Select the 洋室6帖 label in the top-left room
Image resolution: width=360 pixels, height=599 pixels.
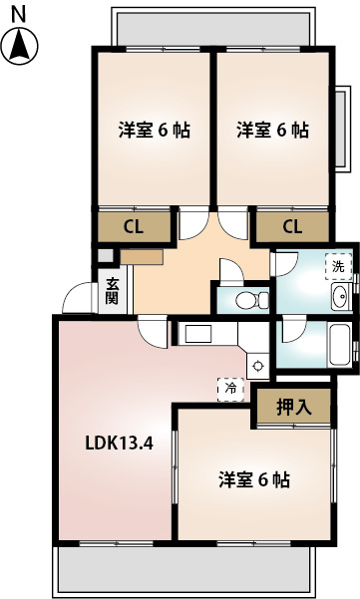154,130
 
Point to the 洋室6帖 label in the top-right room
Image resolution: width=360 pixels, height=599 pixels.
271,130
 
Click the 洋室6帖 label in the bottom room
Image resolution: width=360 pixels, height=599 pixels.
254,480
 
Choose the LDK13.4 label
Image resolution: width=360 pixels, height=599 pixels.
117,445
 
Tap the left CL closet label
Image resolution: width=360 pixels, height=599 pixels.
134,225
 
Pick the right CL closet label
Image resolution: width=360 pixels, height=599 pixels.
292,225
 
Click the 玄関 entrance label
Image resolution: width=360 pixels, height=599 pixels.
112,290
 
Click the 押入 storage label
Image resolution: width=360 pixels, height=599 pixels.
292,379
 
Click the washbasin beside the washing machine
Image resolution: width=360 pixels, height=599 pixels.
339,295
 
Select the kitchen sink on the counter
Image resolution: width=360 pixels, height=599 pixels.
196,333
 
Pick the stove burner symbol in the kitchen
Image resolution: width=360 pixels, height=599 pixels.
257,337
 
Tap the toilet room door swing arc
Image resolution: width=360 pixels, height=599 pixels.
227,270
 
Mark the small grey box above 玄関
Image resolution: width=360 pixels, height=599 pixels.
103,253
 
